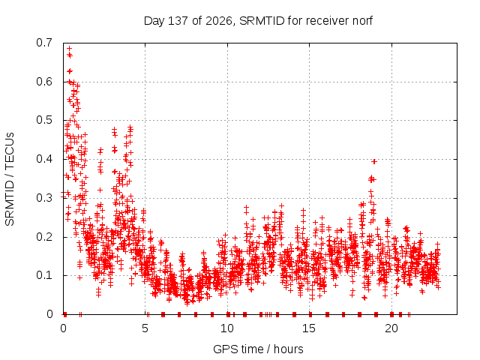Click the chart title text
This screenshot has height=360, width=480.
pos(258,21)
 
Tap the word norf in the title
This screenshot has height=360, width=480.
pos(362,21)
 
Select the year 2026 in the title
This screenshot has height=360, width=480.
pos(218,21)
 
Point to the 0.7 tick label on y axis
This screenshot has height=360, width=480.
pos(44,43)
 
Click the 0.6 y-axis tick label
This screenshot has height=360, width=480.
pos(44,82)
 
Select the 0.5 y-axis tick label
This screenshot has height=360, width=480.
pos(44,120)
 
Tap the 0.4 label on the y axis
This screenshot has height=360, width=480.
pos(44,159)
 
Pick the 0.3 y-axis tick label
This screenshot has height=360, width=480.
pos(44,198)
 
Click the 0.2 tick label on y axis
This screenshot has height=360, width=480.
pos(44,237)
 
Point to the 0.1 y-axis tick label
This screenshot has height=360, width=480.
pos(44,275)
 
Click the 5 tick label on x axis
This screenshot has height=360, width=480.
pos(145,328)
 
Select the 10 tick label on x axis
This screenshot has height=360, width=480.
pos(227,328)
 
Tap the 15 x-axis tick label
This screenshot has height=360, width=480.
pos(309,328)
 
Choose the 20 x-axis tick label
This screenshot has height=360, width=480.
pos(391,328)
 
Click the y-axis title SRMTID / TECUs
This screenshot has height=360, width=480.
pos(10,179)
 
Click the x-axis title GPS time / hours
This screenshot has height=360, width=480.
pos(258,349)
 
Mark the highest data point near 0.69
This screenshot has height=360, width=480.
pos(70,48)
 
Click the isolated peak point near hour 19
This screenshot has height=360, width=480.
pos(373,161)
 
